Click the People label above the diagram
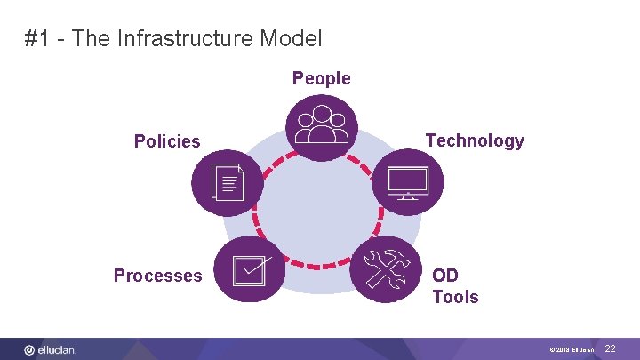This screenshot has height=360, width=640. coord(322,78)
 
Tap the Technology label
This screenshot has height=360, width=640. coord(475,140)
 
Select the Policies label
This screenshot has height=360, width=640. coord(167,141)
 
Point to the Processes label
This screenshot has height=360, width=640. coord(157,276)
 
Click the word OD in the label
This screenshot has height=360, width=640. coord(446,275)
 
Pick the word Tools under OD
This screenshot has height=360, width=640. coord(455,297)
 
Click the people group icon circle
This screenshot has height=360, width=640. coord(322,126)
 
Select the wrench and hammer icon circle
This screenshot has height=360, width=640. coord(384,268)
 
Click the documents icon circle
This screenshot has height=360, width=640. coord(227,183)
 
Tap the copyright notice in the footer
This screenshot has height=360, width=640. coord(572,350)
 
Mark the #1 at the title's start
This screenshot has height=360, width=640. coord(36,39)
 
